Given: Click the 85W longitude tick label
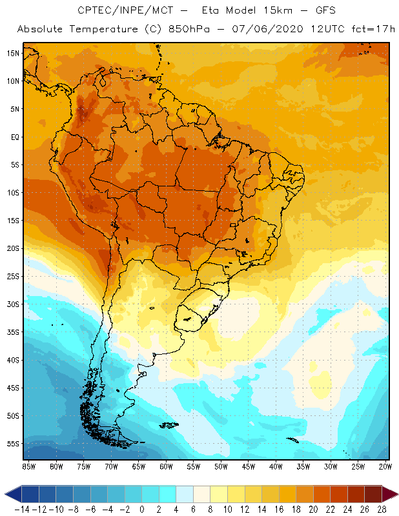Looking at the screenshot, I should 29,466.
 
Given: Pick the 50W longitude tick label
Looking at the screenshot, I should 221,466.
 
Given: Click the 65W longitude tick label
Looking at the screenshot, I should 139,466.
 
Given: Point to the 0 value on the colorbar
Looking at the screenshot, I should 141,509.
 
